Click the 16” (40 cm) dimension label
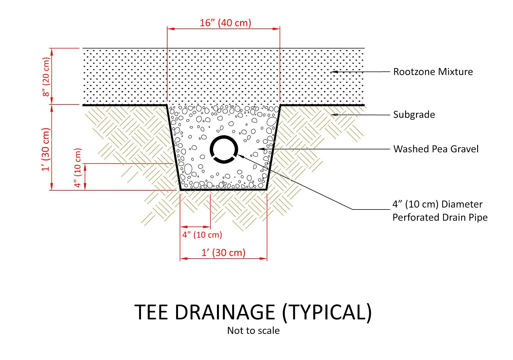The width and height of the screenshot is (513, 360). [x=225, y=23]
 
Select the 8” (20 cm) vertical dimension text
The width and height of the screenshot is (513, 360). [x=46, y=77]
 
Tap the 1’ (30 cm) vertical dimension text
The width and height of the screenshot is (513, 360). [x=46, y=149]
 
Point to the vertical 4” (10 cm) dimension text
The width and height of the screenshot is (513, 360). [x=78, y=168]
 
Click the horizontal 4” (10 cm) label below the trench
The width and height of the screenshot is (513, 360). [x=202, y=235]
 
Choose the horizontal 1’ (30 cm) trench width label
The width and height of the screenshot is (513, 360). [x=223, y=252]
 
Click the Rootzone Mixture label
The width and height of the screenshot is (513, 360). [x=433, y=72]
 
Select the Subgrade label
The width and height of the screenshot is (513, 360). [x=414, y=115]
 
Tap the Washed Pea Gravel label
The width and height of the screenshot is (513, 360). [x=436, y=149]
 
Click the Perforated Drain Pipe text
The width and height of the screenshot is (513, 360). [x=440, y=217]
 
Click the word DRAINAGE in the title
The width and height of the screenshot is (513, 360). [x=225, y=312]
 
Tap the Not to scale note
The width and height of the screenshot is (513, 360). [x=253, y=330]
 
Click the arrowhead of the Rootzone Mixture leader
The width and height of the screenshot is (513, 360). [x=333, y=72]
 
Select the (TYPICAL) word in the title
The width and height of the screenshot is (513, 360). [x=327, y=312]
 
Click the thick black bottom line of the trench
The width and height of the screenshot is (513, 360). [x=223, y=190]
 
